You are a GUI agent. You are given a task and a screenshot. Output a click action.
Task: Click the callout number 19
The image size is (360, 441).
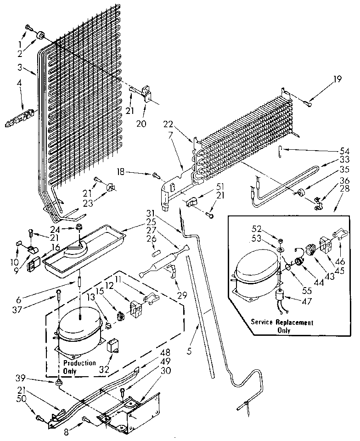pyautogui.click(x=338, y=79)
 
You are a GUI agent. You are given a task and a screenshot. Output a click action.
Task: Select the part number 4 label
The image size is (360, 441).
pyautogui.click(x=19, y=84)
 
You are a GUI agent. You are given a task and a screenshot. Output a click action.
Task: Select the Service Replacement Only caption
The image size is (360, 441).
pyautogui.click(x=282, y=326)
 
